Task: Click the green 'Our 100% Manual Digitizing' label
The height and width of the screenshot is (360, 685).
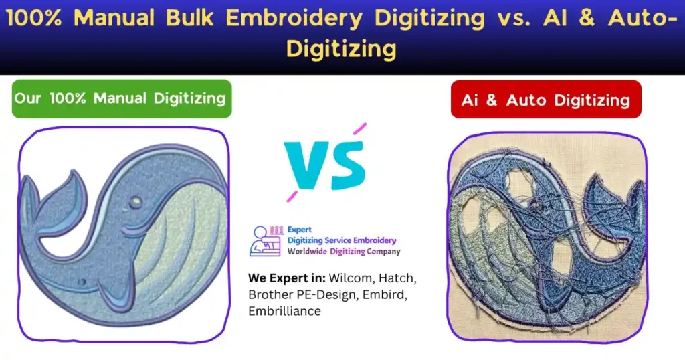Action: click(120, 98)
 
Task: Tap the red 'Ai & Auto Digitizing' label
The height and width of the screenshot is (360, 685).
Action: click(546, 100)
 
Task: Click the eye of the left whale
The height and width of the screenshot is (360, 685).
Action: click(136, 201)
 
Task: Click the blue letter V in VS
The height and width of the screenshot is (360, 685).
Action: click(304, 165)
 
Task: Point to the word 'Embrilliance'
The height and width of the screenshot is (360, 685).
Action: click(284, 311)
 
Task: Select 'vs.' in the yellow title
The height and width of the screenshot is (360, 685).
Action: click(512, 18)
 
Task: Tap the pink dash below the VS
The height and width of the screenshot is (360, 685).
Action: click(291, 195)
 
